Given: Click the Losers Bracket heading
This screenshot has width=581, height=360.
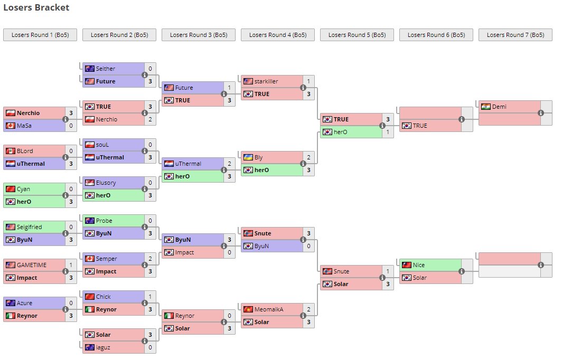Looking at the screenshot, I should [x=36, y=8].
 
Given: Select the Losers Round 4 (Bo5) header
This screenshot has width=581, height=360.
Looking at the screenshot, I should [x=277, y=35].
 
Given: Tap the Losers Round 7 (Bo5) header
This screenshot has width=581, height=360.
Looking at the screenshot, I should [x=515, y=35].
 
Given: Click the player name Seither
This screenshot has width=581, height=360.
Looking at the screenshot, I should [x=106, y=69].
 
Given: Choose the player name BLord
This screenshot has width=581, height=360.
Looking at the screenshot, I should [x=25, y=151].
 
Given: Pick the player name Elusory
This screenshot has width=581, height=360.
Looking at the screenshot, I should [x=106, y=183].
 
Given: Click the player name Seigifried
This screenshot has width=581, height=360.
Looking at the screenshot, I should [x=29, y=227].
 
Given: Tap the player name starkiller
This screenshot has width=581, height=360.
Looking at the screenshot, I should [x=266, y=81].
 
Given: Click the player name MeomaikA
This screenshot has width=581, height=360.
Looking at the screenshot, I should [x=269, y=309].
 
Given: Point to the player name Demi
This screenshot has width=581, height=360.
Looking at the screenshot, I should [x=499, y=107].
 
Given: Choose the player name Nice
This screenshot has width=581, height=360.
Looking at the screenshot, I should [x=419, y=265].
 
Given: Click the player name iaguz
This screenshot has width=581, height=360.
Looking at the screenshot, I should [x=104, y=347].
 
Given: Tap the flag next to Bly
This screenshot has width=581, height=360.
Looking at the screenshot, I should [x=248, y=157].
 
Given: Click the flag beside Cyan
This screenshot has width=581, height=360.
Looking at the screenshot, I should [x=10, y=189].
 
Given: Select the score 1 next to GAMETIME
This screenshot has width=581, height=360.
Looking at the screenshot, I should [x=71, y=265].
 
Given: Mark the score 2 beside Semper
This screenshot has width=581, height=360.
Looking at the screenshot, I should [x=150, y=259].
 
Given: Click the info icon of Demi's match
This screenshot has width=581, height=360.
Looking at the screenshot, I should [x=541, y=113].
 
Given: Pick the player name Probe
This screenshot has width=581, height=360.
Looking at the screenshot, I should [x=104, y=221].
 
